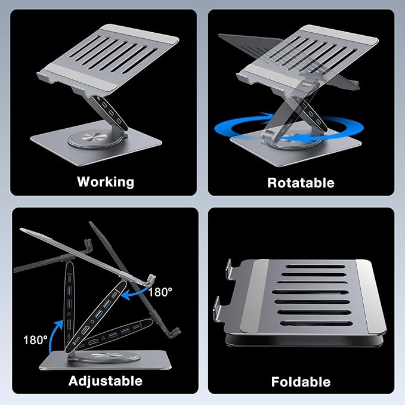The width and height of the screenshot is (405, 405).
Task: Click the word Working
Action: point(106,181)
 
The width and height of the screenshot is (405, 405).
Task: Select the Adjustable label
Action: point(106,380)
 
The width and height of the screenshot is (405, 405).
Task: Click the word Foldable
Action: point(301,381)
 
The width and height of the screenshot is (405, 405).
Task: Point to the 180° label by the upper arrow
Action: point(160,292)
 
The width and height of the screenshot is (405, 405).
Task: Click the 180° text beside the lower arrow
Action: point(36,340)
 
